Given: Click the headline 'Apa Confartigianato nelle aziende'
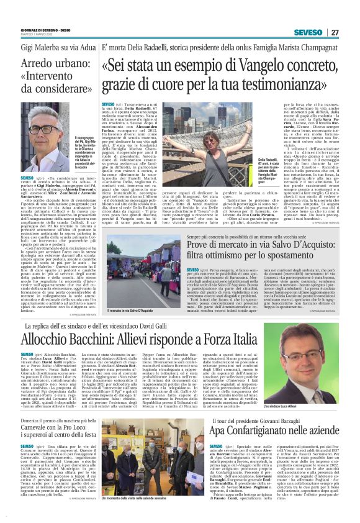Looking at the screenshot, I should tap(271, 428).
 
